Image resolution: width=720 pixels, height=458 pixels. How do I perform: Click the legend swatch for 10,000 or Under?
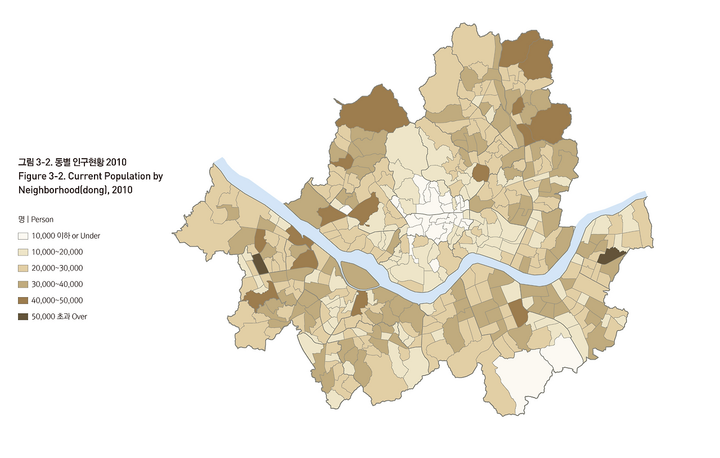tap(23, 236)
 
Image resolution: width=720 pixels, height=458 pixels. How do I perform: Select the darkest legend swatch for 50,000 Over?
tap(23, 317)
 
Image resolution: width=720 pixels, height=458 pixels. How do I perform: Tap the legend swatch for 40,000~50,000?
tap(23, 300)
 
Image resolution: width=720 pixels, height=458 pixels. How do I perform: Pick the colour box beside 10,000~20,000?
tap(23, 252)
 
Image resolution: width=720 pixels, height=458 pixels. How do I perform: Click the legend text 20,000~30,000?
tap(57, 268)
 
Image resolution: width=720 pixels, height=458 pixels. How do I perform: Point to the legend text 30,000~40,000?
tap(57, 284)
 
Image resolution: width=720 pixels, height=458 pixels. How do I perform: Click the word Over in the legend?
tap(79, 317)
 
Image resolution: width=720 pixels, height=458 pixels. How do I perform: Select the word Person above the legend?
tap(42, 219)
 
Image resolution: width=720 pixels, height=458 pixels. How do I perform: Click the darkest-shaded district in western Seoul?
tap(260, 263)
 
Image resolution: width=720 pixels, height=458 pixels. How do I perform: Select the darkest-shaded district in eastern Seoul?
tap(609, 256)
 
